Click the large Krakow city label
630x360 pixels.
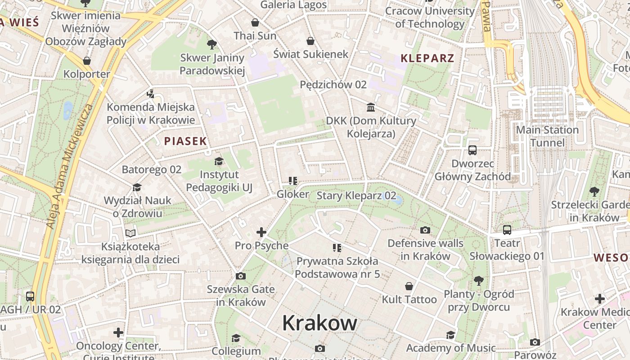click(319, 323)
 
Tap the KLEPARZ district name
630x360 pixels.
click(427, 58)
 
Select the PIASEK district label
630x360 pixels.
click(185, 141)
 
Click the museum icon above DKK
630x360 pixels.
click(371, 107)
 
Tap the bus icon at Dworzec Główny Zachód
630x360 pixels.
click(472, 150)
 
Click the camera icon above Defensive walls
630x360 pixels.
click(425, 230)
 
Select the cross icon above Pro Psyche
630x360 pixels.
click(261, 232)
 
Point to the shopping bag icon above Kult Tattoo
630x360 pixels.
click(409, 286)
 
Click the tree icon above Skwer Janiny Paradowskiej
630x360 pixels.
click(211, 44)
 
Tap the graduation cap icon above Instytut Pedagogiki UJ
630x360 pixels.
click(219, 161)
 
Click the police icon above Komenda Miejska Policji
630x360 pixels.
click(151, 94)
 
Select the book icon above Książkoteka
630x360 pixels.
click(130, 233)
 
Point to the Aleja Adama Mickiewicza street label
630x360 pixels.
click(69, 166)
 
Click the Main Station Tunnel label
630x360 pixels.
click(547, 136)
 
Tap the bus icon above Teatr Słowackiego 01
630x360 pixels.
click(507, 230)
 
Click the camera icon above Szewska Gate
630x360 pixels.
click(240, 276)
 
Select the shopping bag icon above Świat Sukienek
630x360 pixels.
click(310, 41)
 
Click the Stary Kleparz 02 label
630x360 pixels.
click(356, 196)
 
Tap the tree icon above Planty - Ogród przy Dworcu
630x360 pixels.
click(478, 281)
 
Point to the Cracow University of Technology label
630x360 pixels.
click(430, 17)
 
